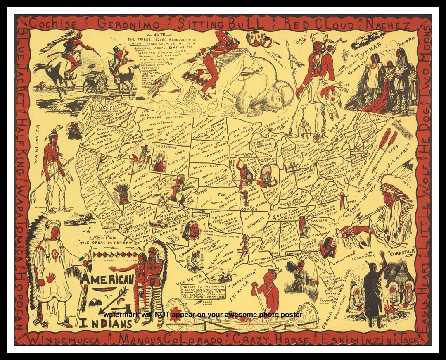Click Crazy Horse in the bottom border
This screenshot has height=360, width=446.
270,340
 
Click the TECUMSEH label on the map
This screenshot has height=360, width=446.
295,197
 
